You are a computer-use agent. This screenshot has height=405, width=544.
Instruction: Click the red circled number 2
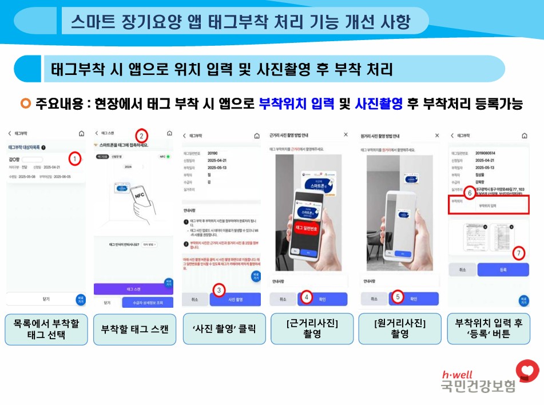click(x=142, y=136)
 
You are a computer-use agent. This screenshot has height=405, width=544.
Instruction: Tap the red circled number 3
click(x=220, y=291)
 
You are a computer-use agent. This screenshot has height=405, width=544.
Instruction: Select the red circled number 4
click(x=307, y=297)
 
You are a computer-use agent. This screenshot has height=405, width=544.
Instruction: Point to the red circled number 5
click(x=398, y=297)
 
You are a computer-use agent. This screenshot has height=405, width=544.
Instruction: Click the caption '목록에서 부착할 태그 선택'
click(x=46, y=329)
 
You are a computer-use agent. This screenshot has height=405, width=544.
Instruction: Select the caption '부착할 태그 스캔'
click(x=134, y=329)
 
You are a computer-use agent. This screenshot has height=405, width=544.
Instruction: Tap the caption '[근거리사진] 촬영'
click(x=312, y=329)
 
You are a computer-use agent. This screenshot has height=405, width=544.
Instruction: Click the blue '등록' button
click(x=503, y=270)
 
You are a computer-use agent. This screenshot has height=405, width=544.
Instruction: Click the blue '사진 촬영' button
click(x=236, y=299)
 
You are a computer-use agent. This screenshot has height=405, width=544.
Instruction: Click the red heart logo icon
click(x=527, y=372)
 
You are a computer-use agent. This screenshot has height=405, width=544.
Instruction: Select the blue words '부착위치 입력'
click(x=296, y=104)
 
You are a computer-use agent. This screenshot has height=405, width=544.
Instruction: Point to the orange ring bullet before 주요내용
click(x=25, y=104)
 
